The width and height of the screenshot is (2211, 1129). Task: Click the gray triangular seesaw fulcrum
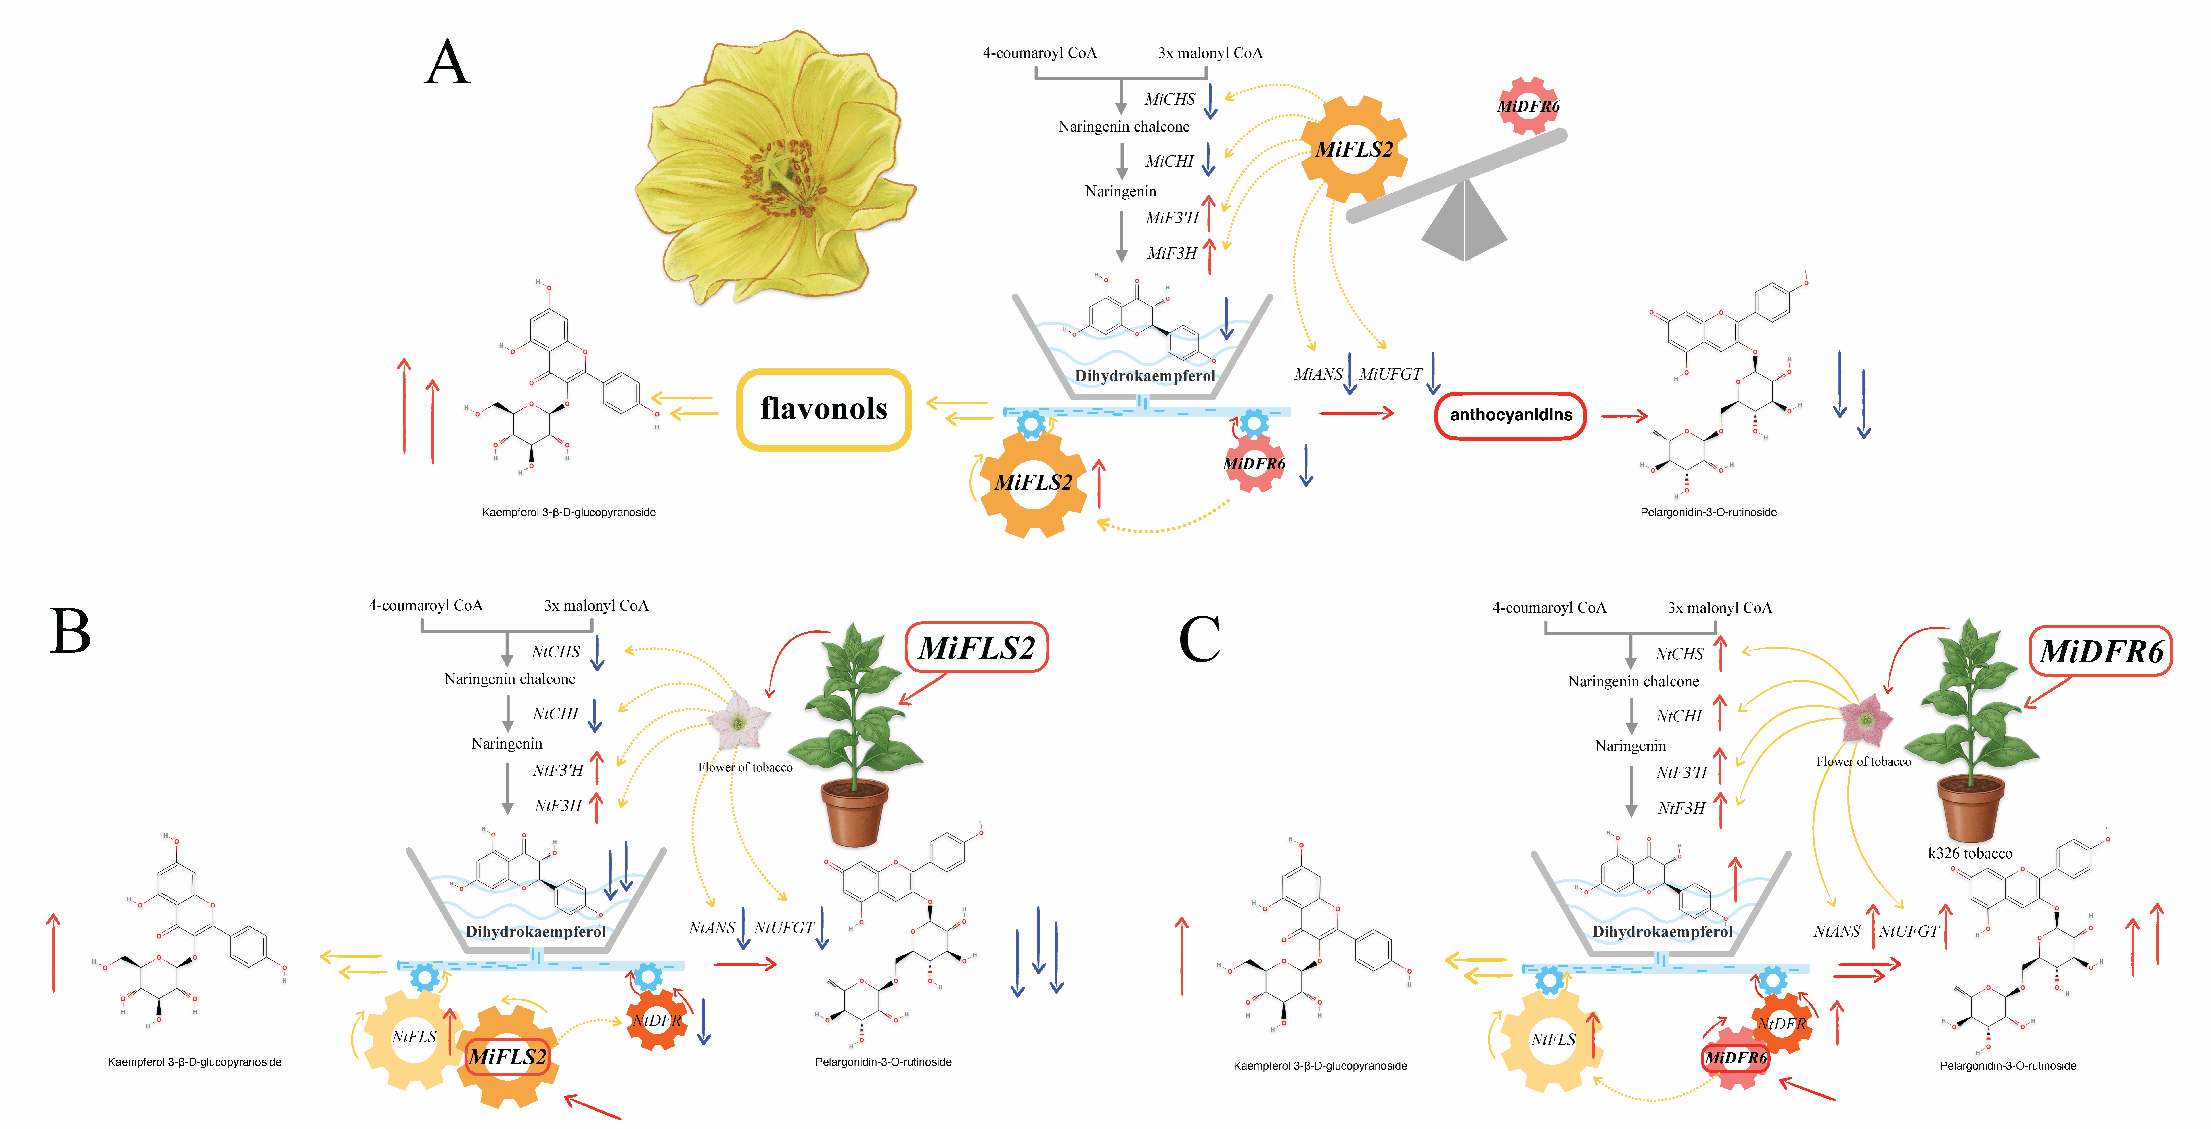tap(1464, 223)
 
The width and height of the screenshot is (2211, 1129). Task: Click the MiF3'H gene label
tap(1172, 218)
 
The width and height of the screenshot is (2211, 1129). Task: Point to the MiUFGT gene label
tap(1390, 374)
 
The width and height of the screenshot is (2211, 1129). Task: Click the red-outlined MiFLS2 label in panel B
tap(977, 647)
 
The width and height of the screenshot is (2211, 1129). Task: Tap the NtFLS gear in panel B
tap(414, 1037)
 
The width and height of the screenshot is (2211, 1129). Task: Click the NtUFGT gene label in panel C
tap(1909, 932)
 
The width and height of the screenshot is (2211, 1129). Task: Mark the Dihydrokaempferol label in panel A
tap(1144, 376)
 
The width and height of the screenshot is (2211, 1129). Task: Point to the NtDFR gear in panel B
tap(657, 1020)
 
